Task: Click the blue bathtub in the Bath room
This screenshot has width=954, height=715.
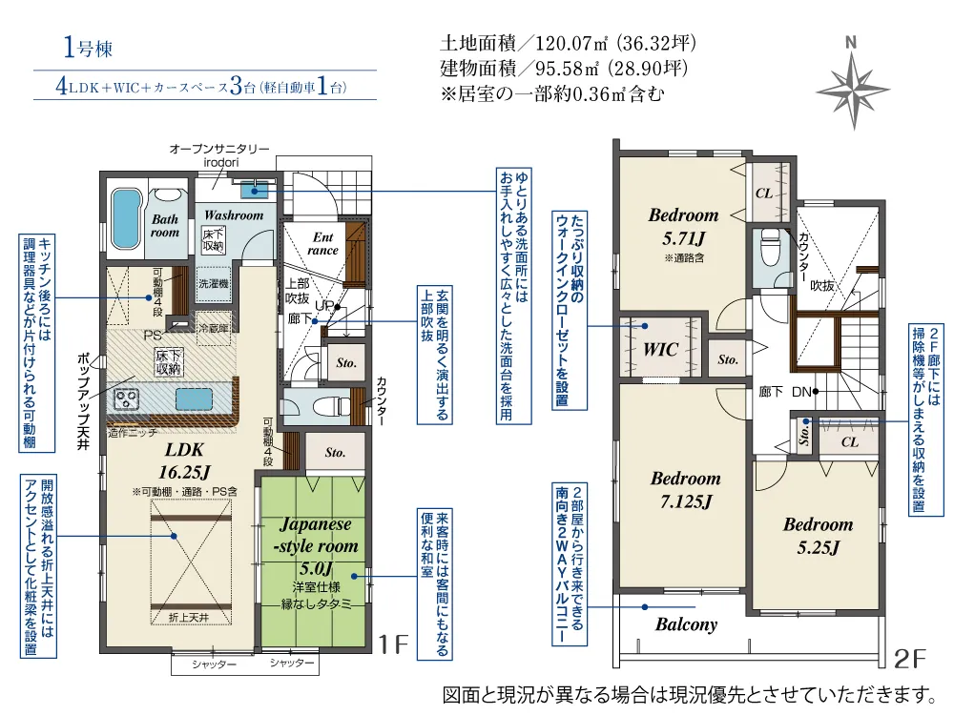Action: tap(126, 218)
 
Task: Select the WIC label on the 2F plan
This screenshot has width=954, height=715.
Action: tap(661, 350)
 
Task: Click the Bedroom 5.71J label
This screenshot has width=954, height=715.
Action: tap(684, 226)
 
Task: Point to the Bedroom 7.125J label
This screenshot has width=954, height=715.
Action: tap(686, 489)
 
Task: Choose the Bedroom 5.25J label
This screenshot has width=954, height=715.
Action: tap(819, 536)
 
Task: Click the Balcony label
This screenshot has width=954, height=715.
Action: tap(686, 624)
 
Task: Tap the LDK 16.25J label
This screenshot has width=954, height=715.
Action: tap(184, 460)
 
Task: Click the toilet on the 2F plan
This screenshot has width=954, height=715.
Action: tap(770, 248)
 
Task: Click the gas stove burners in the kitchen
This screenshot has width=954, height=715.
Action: tap(127, 398)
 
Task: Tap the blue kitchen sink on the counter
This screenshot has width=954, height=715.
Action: tap(194, 398)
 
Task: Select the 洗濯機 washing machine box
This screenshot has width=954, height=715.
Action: tap(214, 283)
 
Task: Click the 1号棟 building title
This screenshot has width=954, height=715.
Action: tap(88, 48)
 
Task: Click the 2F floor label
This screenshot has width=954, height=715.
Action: tap(909, 659)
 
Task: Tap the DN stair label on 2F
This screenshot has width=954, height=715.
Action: tap(801, 392)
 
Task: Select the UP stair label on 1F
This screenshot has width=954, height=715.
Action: tap(323, 306)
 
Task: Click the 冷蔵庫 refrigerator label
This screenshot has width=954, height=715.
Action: tap(214, 329)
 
